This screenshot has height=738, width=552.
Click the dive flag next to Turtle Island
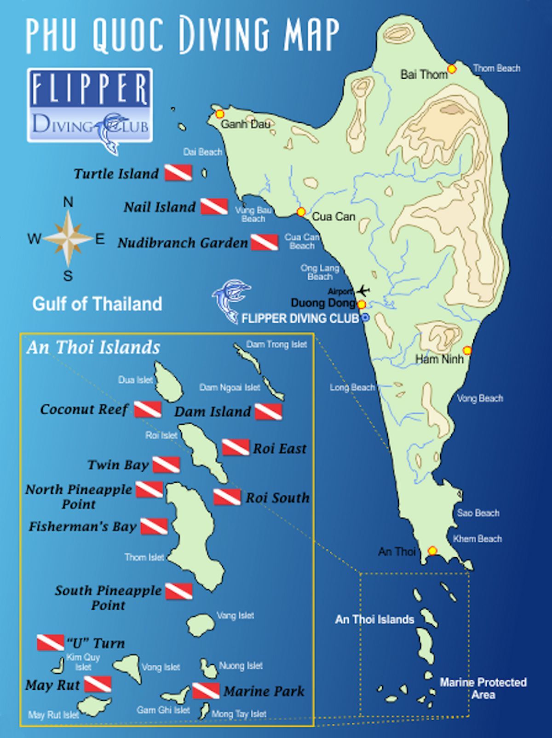coord(178,173)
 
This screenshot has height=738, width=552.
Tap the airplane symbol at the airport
coord(363,290)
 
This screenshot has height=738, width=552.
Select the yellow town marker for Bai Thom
coord(452,69)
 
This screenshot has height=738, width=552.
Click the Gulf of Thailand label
coord(97,304)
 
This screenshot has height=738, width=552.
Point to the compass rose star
coord(68,238)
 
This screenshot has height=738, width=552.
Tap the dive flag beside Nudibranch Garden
coord(264,242)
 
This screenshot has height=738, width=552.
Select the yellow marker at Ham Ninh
coord(467,351)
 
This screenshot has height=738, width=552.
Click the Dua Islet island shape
coord(168,381)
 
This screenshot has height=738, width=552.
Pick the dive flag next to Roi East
coord(236,447)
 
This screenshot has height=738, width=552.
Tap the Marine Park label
coord(264,691)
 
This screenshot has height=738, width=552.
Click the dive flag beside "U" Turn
coord(50,642)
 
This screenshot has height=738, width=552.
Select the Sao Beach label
coord(478,513)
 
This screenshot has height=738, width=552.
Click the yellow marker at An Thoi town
coord(432,550)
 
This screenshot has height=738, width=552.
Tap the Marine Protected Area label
coord(483,688)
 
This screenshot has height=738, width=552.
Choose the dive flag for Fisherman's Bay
coord(154,526)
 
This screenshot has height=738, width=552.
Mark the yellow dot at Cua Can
coord(301,212)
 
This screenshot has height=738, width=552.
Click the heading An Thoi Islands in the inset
coord(93,347)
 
